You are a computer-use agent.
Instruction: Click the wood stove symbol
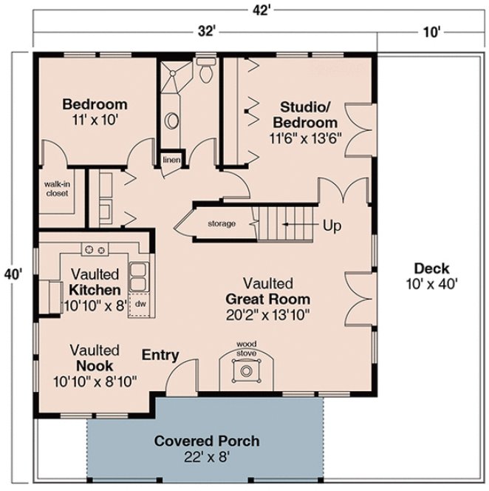click(244, 373)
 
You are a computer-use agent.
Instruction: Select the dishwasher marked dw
click(138, 303)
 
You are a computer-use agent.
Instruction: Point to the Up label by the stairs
click(332, 226)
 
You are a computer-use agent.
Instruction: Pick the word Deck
click(431, 268)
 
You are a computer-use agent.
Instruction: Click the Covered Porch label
click(206, 441)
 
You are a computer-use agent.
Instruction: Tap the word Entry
click(160, 356)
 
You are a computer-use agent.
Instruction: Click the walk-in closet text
click(57, 189)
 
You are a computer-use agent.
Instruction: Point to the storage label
click(221, 223)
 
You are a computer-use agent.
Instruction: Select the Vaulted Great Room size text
click(268, 314)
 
